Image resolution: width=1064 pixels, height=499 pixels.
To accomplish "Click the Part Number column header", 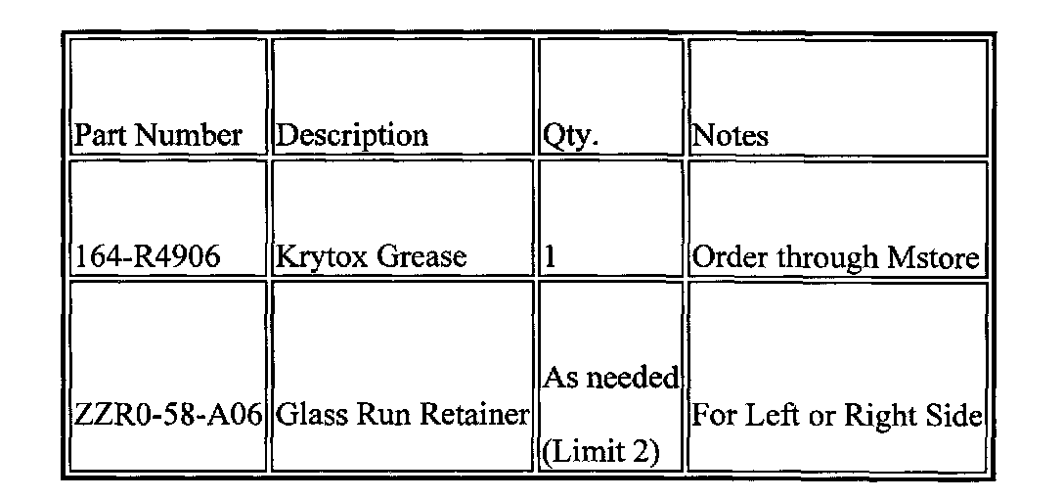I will (159, 135).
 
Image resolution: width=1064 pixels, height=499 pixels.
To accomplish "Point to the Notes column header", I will (730, 135).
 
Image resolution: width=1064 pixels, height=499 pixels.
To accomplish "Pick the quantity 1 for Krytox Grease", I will (551, 258).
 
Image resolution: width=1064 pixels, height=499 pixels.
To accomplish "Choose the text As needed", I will (609, 378).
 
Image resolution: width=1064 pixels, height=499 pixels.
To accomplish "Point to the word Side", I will (952, 416).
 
